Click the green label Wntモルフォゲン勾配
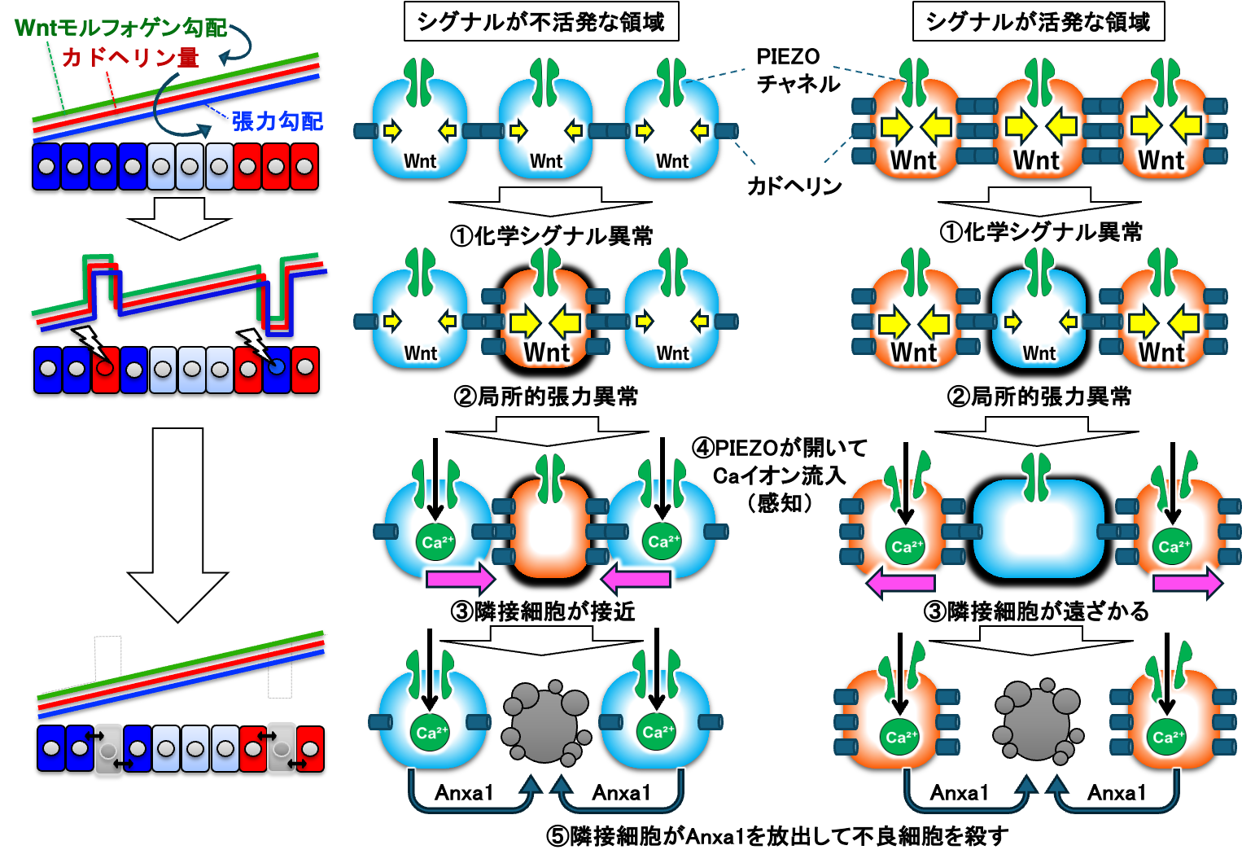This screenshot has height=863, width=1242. click(x=120, y=28)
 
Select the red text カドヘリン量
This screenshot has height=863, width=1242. click(x=130, y=57)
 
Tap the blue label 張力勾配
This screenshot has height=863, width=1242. click(x=277, y=121)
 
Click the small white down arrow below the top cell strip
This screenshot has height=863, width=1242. click(x=179, y=218)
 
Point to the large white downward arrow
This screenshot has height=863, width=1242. click(x=177, y=521)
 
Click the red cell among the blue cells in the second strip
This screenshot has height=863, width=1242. click(x=105, y=370)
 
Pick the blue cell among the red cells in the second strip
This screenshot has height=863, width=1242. click(x=277, y=370)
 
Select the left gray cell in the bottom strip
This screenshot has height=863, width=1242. click(x=108, y=749)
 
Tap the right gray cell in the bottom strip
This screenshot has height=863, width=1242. click(x=282, y=747)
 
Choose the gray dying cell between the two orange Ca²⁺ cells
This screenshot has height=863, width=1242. click(x=1038, y=721)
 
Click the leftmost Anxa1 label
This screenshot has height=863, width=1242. click(x=464, y=792)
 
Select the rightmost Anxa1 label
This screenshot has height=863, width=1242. click(x=1117, y=792)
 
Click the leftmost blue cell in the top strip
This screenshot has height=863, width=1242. click(x=46, y=167)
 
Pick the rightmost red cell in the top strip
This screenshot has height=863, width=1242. click(x=304, y=167)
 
